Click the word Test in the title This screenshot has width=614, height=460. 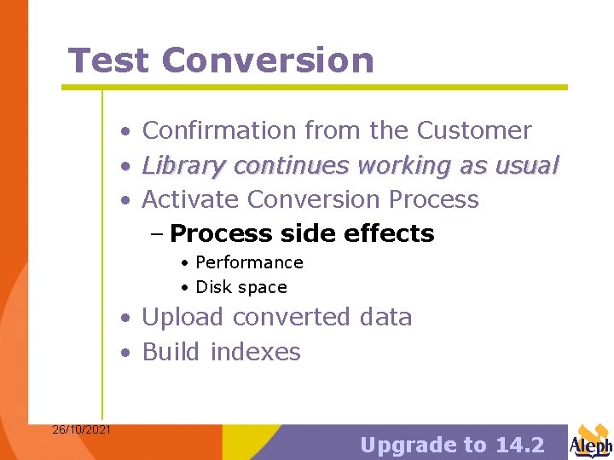(x=108, y=60)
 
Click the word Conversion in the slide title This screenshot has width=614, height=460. (x=267, y=60)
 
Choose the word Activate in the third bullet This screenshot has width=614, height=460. (x=190, y=199)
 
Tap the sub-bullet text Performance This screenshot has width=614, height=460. (x=249, y=262)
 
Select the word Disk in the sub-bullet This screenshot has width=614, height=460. (x=214, y=287)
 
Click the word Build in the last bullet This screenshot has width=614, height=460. (x=172, y=352)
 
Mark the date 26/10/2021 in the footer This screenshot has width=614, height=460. (x=81, y=429)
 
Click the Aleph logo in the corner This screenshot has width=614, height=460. (x=590, y=441)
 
